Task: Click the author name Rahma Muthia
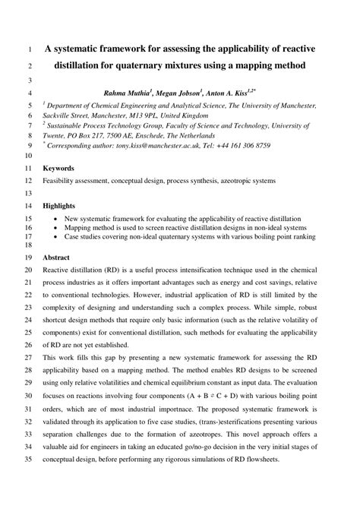pyautogui.click(x=131, y=92)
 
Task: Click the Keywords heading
pyautogui.click(x=58, y=167)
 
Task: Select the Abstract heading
pyautogui.click(x=56, y=258)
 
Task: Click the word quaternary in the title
pyautogui.click(x=166, y=65)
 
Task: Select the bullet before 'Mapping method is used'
pyautogui.click(x=58, y=226)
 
